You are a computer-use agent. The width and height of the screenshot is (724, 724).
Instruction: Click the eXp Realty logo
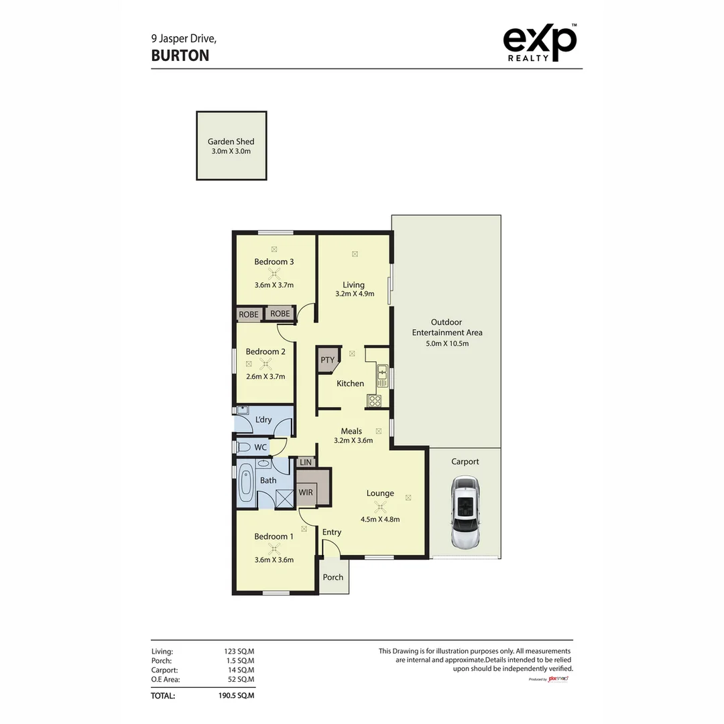539,44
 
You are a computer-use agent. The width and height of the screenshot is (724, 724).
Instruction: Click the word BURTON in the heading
180,56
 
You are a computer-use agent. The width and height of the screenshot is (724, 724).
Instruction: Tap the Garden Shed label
231,141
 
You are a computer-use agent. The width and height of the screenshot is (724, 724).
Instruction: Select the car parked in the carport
465,512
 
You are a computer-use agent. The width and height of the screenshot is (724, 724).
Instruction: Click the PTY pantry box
327,361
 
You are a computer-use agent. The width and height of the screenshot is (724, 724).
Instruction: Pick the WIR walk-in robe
306,492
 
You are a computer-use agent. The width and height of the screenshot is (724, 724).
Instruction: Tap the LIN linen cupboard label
305,463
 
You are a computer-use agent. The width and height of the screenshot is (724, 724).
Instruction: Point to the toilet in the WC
243,446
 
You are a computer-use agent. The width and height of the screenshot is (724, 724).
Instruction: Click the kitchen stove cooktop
375,401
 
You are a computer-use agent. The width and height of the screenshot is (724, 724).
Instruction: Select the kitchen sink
381,371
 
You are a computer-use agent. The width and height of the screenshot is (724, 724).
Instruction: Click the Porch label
333,577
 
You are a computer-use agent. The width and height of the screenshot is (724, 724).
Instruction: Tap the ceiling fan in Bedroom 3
274,273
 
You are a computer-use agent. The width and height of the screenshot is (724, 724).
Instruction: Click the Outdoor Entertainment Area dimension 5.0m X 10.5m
446,344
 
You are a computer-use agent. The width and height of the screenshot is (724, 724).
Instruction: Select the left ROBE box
249,314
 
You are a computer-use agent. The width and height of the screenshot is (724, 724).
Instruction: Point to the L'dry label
263,420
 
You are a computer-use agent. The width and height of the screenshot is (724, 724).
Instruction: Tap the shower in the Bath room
285,498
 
